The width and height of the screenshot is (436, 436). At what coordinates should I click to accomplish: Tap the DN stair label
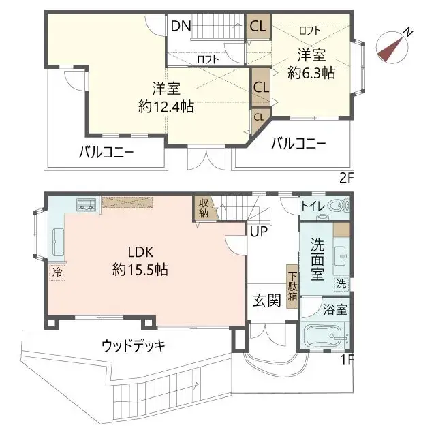181,27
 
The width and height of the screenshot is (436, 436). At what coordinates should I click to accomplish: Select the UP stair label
258,232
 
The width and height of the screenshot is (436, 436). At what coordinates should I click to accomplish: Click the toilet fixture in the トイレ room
337,205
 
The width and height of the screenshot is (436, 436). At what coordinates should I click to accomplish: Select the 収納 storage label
204,207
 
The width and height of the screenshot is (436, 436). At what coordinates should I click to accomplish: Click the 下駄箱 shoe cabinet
292,287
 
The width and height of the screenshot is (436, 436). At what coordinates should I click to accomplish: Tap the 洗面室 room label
318,259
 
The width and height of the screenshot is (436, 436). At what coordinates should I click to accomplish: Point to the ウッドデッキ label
134,345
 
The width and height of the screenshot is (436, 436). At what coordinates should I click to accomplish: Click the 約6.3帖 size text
311,71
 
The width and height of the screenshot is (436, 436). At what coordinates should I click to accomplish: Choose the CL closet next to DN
258,27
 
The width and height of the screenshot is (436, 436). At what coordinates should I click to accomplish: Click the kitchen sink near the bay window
58,240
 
